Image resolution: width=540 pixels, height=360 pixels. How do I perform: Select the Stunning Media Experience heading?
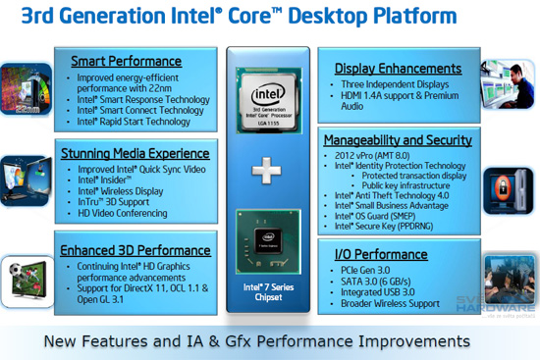click(x=135, y=153)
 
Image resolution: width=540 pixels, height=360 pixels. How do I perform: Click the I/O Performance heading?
click(x=383, y=255)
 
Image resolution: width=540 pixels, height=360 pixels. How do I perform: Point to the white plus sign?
click(x=267, y=172)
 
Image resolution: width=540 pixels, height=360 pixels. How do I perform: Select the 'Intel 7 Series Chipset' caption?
click(x=268, y=292)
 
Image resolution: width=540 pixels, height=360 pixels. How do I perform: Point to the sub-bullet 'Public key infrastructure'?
click(x=410, y=185)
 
